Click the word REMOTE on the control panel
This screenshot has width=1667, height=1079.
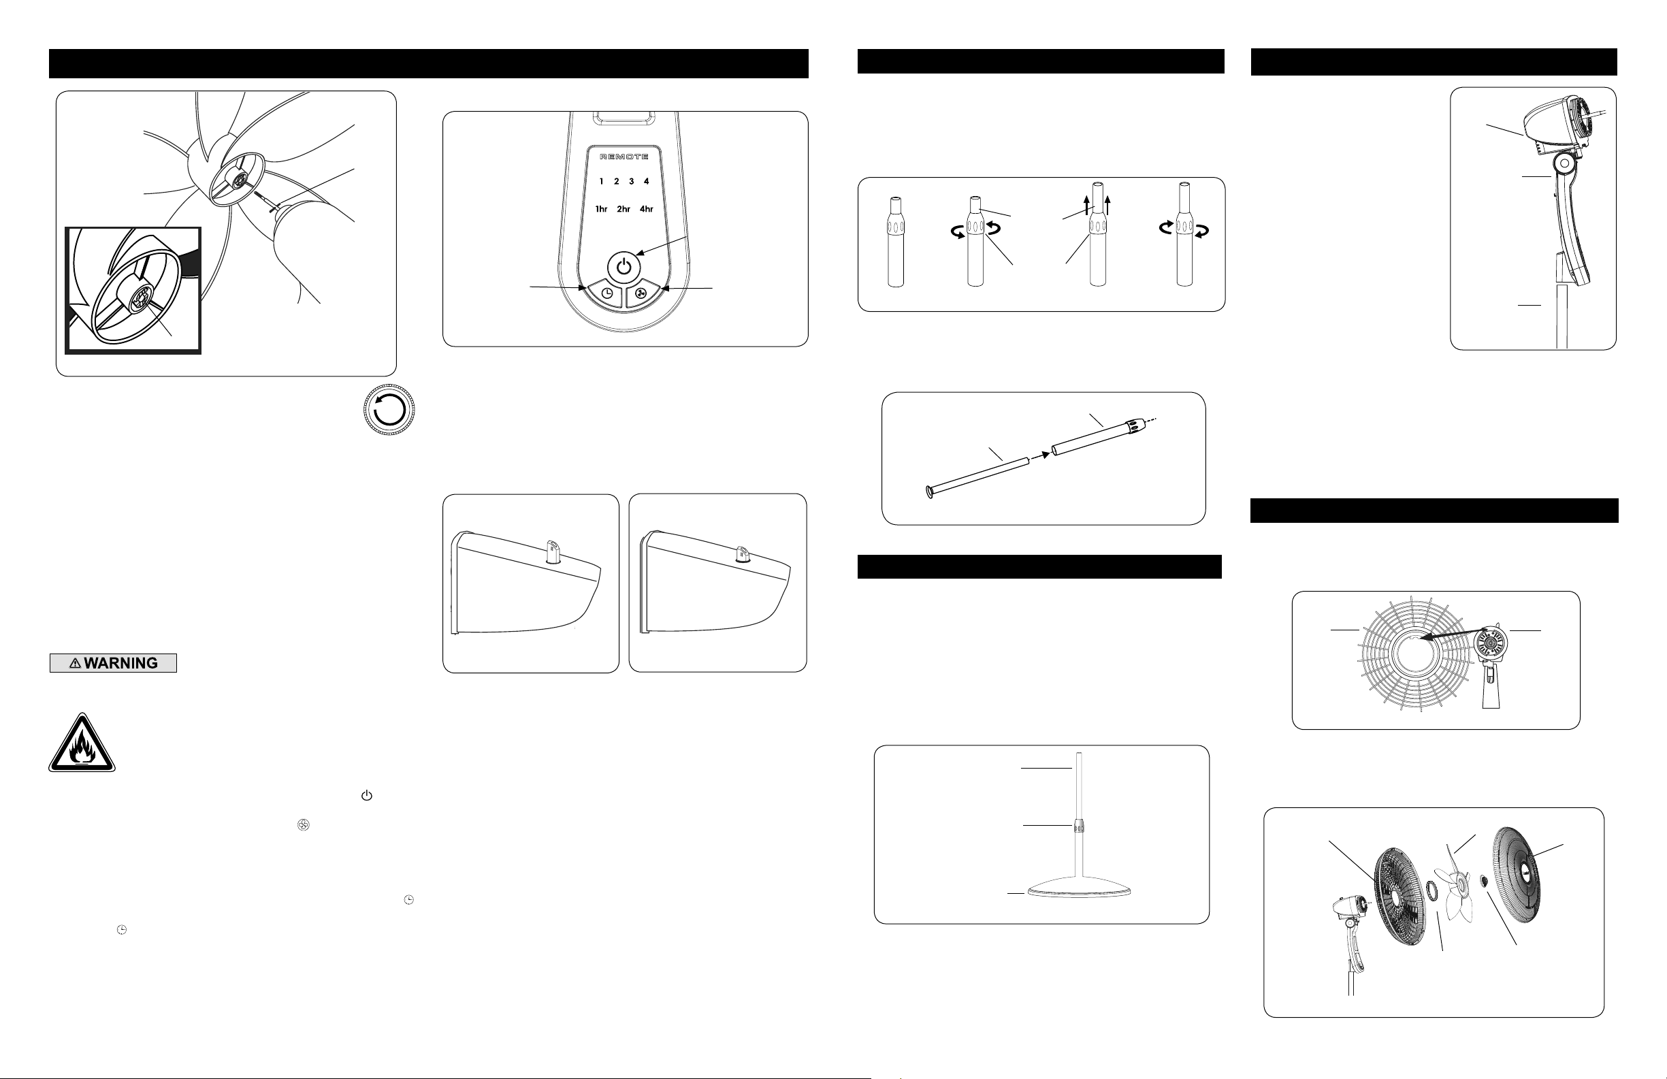click(624, 157)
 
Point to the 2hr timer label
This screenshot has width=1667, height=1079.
click(624, 209)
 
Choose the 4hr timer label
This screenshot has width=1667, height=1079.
click(646, 209)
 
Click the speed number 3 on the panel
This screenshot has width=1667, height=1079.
click(631, 182)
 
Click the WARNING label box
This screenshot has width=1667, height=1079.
click(113, 663)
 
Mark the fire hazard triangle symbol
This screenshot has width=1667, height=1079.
click(82, 745)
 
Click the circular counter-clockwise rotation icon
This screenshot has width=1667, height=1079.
click(389, 410)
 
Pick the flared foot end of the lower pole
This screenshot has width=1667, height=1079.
click(929, 493)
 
